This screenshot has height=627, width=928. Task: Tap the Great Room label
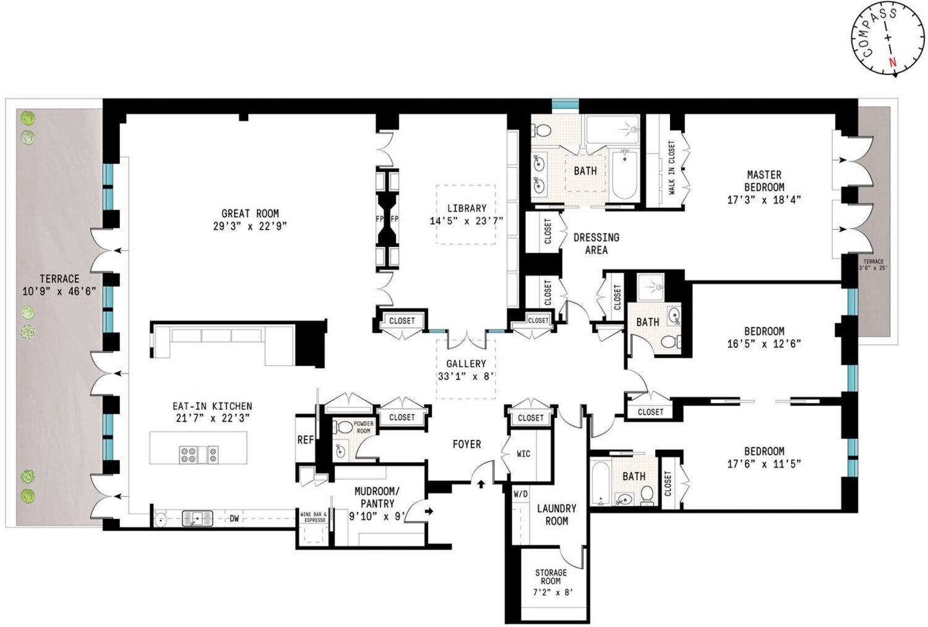coord(250,214)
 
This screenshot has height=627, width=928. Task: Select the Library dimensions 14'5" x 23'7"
coord(466,221)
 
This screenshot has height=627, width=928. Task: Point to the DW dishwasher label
coord(234,519)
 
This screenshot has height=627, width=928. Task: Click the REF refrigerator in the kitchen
coord(306,439)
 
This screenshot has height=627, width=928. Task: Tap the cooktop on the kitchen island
coord(199,454)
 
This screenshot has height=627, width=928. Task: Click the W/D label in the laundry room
coord(521,494)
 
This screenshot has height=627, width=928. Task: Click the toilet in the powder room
coord(342,426)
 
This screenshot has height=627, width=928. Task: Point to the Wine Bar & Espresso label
coord(314,517)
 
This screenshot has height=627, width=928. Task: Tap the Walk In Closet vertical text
coord(671,167)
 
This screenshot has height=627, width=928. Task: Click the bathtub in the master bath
coord(624,175)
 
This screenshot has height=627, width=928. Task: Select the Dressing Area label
coord(596,244)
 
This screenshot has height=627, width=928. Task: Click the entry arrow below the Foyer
coord(481,484)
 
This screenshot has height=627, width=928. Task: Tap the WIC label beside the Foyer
coord(523,454)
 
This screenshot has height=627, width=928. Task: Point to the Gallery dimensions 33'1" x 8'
coord(466,377)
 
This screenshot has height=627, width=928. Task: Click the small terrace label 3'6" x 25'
coord(874,268)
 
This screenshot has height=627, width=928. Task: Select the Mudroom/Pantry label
coord(377,497)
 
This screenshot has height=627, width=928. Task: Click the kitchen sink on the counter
coord(197,519)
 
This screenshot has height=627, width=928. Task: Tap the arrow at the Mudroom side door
coord(429,511)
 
